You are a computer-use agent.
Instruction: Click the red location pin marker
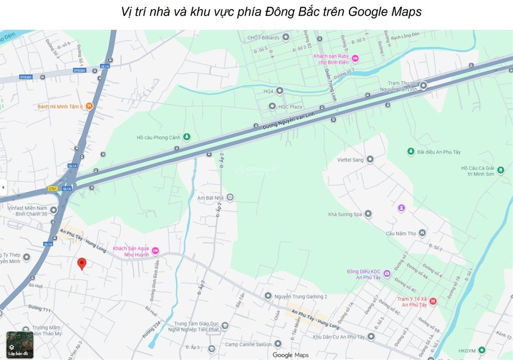(82, 263)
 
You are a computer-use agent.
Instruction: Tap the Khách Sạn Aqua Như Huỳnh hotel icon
(155, 251)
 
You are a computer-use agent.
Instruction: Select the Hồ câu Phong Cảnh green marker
(186, 137)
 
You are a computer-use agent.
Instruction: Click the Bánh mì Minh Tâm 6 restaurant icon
(89, 106)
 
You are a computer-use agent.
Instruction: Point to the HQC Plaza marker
(272, 106)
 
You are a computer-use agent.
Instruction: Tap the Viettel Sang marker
(370, 160)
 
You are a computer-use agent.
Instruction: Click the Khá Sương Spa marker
(368, 214)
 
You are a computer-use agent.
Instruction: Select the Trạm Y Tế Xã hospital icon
(433, 301)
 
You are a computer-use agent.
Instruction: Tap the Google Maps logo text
(291, 355)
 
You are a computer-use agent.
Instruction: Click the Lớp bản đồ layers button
(19, 344)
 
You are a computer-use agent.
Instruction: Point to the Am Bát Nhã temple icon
(230, 198)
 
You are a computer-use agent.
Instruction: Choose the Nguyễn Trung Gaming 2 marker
(268, 296)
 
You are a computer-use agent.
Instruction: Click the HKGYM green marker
(481, 350)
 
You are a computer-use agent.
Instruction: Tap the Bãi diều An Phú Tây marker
(410, 152)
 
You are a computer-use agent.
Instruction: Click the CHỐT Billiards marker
(286, 37)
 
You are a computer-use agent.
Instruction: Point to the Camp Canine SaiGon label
(248, 344)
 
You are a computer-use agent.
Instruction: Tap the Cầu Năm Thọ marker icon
(422, 233)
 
